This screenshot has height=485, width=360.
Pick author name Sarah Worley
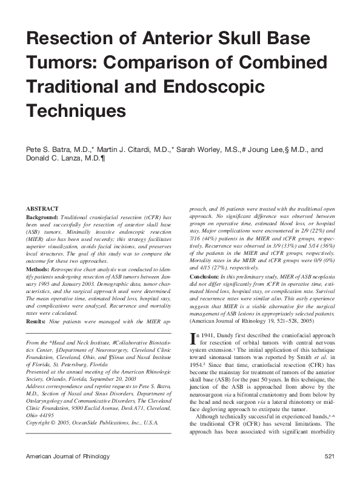(x=202, y=148)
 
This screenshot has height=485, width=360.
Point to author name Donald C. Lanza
(x=63, y=158)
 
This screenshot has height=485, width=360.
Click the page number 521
(x=330, y=472)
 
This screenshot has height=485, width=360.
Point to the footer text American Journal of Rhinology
(x=67, y=472)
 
